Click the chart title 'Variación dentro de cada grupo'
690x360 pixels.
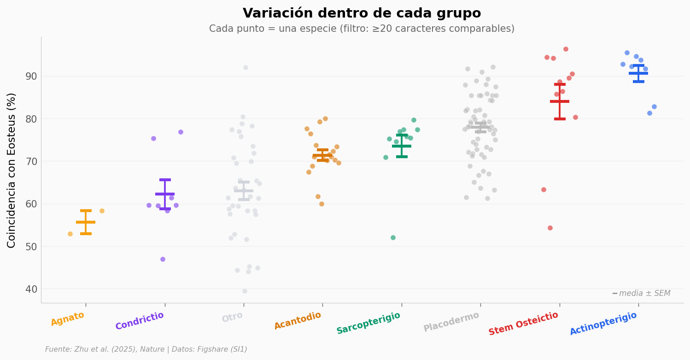[x=362, y=13]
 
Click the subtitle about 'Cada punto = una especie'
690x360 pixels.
[x=362, y=29]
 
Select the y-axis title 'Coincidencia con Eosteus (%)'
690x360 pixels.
[x=12, y=170]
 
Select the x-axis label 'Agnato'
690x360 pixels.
[x=68, y=319]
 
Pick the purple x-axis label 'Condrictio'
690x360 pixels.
[x=140, y=321]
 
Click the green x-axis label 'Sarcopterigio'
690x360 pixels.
[x=368, y=323]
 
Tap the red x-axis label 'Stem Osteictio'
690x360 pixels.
[x=523, y=324]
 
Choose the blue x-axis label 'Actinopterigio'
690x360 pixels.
[x=603, y=324]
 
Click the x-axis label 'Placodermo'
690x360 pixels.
[x=451, y=322]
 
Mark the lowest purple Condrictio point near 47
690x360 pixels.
[x=163, y=259]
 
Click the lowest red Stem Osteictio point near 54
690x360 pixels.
[x=550, y=228]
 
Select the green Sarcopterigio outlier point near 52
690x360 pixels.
[x=393, y=237]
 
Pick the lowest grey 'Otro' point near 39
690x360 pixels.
[x=245, y=291]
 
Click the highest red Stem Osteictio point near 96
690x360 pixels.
[x=566, y=49]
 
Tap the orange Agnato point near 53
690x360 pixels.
[x=70, y=234]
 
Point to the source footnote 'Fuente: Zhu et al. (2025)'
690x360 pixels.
[x=146, y=349]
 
